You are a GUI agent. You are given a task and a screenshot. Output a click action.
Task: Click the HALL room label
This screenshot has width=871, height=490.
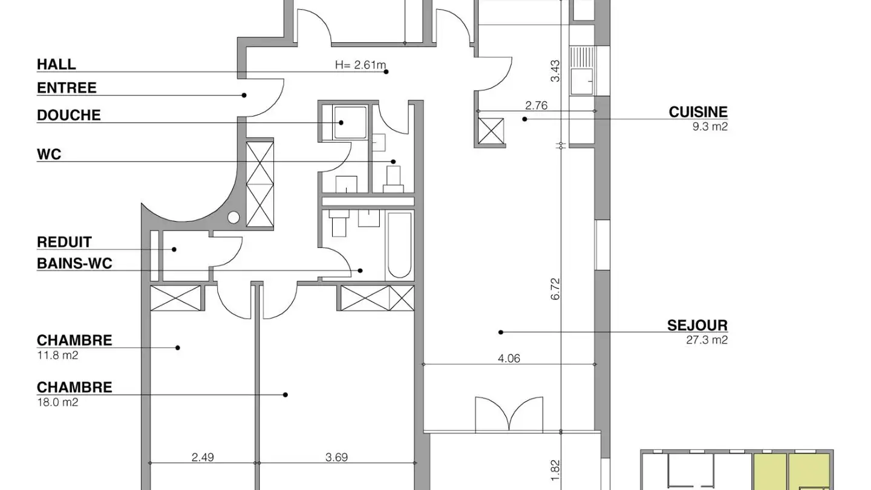[x=56, y=64]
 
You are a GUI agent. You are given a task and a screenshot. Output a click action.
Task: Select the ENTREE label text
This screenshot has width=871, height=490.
[x=67, y=88]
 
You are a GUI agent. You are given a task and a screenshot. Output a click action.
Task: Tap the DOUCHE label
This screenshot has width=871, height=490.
[x=68, y=116]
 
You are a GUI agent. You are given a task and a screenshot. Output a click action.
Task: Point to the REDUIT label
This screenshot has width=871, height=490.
[x=64, y=242]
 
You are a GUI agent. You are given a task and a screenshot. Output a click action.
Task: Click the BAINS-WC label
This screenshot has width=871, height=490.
[x=74, y=263]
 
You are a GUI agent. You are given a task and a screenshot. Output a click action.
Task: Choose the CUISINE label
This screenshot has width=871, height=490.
[x=698, y=112]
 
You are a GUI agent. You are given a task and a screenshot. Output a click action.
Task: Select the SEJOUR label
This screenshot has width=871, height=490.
[x=697, y=325]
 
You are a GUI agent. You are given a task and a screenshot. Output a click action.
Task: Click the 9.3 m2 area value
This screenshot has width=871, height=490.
[x=711, y=127]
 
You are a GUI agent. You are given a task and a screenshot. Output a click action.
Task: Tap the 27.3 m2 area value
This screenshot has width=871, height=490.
[x=707, y=340]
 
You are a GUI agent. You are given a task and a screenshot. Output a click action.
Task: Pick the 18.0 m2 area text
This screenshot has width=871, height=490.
[x=57, y=402]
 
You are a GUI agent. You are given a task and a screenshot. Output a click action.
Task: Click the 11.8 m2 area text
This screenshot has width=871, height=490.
[x=57, y=355]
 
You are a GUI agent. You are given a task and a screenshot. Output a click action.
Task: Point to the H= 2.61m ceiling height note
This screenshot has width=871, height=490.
[x=360, y=65]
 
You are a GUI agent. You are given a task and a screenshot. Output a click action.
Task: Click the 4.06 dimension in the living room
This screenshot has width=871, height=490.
[x=509, y=358]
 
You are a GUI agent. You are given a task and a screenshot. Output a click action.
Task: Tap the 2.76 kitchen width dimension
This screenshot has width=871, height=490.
[x=536, y=105]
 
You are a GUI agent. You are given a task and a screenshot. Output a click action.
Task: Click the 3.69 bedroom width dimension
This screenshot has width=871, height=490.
[x=336, y=457]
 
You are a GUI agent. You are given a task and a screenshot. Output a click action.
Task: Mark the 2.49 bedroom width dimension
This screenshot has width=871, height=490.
[x=203, y=457]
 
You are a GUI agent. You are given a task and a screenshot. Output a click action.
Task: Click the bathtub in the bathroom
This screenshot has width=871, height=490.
[x=399, y=244]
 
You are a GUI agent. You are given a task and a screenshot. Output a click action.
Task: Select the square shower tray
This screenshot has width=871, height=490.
[x=344, y=123]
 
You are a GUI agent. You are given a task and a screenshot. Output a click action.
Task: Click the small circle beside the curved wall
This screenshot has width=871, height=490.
[x=234, y=217]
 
